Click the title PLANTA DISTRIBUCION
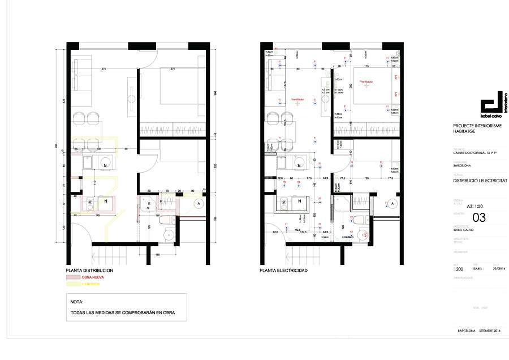[89, 271]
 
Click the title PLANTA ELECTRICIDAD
[283, 271]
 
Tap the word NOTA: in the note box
[77, 302]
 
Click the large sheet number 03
[479, 217]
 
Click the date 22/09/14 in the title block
[497, 269]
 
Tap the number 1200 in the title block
[459, 269]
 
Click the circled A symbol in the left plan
[198, 203]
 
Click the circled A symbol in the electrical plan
[391, 203]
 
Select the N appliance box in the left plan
[105, 202]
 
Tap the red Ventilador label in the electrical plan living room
[298, 98]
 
